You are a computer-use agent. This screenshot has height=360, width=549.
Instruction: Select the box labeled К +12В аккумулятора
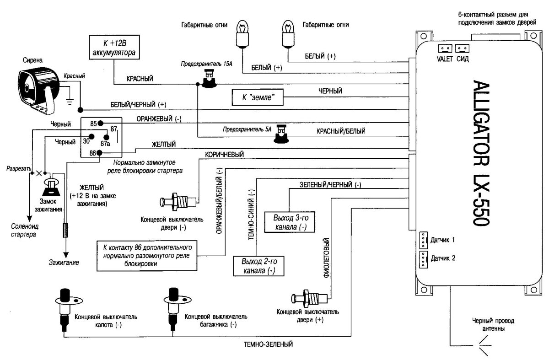(113, 47)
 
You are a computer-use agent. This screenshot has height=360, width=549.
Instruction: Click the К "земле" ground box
(257, 97)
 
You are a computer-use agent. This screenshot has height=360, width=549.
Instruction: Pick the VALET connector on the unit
(444, 48)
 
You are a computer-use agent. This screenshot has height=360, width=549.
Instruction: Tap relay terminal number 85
(100, 123)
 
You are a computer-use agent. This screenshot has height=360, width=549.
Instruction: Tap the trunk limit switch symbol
(173, 304)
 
